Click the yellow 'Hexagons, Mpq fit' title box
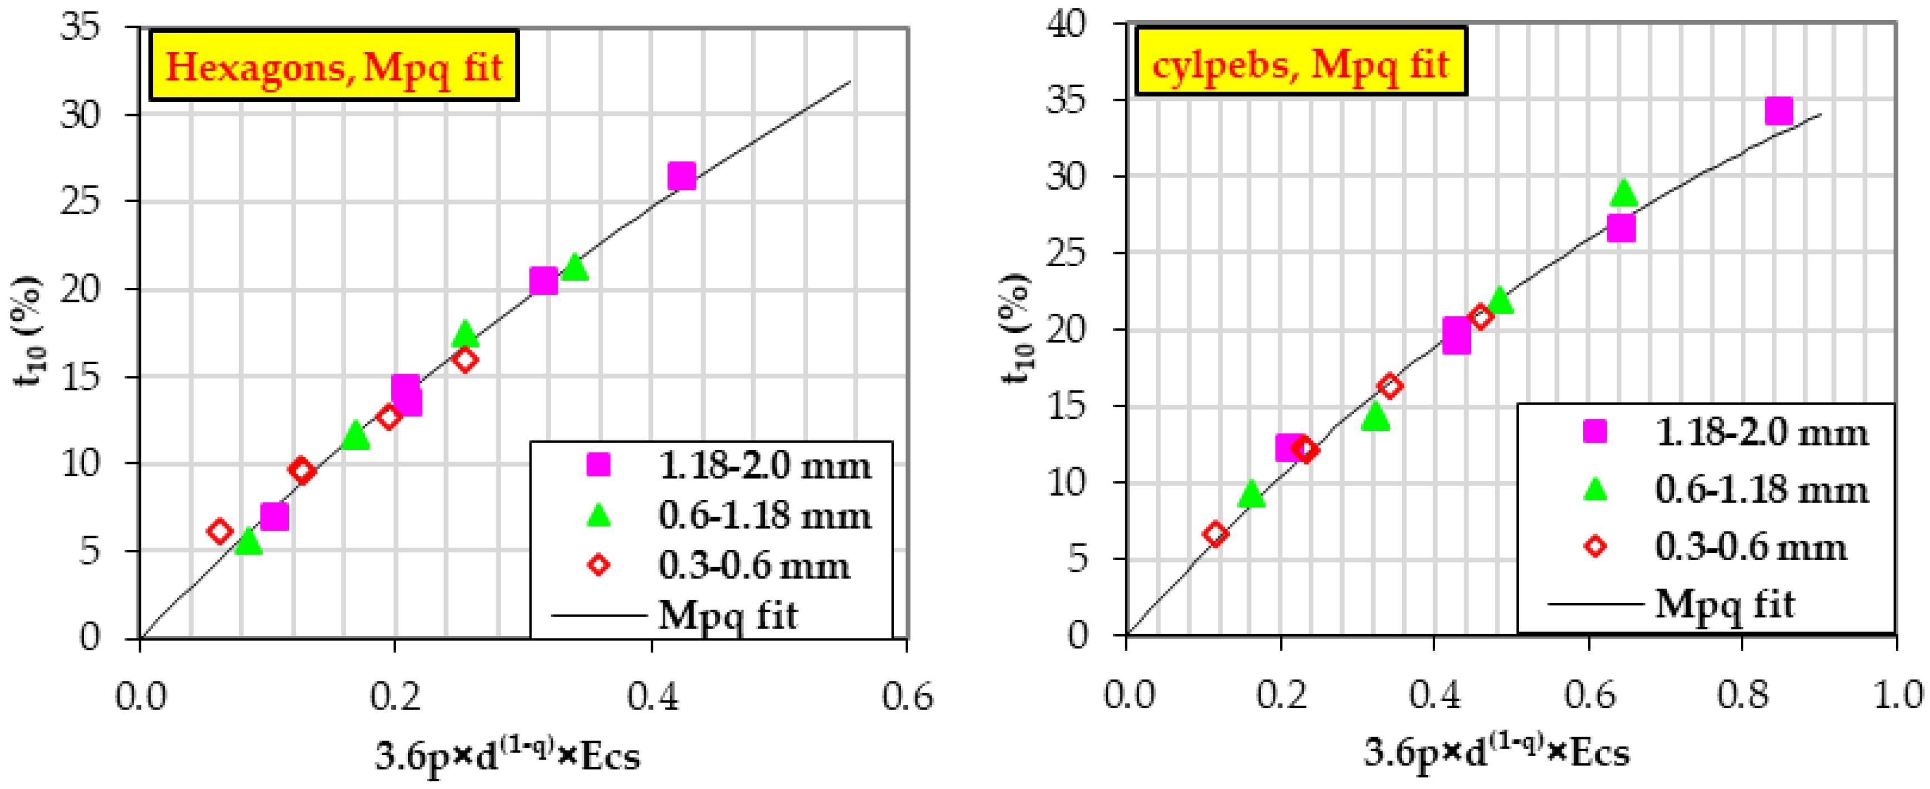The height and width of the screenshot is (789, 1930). coord(333,65)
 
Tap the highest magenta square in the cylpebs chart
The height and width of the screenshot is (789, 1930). coord(1778,111)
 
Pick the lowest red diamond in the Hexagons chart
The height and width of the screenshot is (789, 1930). coord(219,531)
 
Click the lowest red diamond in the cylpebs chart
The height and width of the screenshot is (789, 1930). coord(1215,533)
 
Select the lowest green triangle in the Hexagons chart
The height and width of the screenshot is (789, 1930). coord(248,542)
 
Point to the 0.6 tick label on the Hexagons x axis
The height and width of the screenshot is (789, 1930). coord(907,697)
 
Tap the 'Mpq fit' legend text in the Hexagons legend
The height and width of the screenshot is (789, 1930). coord(727,616)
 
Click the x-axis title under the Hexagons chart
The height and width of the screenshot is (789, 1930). coord(507,754)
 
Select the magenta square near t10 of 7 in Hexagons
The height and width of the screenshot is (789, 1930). coord(274,516)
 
